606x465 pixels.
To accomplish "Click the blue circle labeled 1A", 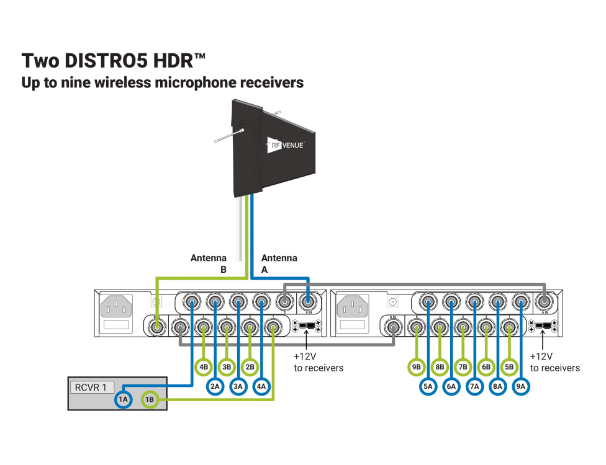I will coord(123,400).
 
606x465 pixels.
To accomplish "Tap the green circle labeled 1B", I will coord(150,400).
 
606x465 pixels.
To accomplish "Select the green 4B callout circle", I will coord(204,367).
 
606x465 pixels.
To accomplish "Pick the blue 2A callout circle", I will coord(215,386).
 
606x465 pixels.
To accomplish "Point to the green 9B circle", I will coord(417,367).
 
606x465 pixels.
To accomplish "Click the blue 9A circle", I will coord(521,386).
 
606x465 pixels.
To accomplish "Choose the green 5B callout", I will coord(510,367).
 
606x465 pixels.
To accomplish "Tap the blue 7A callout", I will coord(475,386).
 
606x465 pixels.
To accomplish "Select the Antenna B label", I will coord(209,263).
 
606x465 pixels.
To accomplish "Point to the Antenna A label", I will coord(279,263).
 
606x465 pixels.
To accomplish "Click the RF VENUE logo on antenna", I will coord(286,145).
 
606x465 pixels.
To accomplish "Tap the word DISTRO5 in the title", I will coord(104,61).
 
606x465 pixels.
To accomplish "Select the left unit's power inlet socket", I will coord(116,306).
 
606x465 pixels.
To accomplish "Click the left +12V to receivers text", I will coord(318,362).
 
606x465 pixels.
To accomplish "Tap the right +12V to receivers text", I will coord(554,362).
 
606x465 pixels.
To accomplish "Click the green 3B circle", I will coord(227,367).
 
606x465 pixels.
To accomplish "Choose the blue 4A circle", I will coord(261,386).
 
